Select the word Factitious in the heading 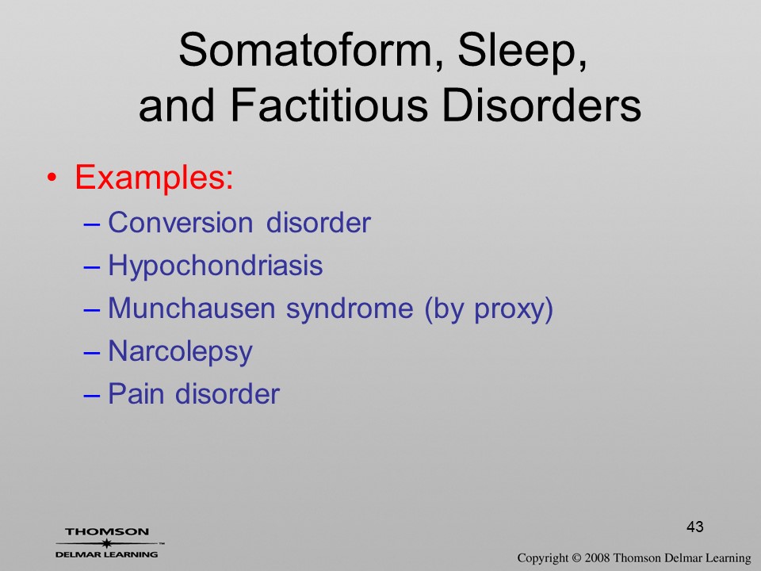pos(329,105)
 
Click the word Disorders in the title pos(542,105)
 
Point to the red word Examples pos(154,176)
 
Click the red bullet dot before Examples pos(52,177)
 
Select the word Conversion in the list pos(181,223)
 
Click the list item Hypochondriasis pos(216,266)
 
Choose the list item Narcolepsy pos(180,352)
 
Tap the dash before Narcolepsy pos(92,353)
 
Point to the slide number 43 pos(695,527)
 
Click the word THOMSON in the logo pos(107,531)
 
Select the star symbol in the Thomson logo pos(105,543)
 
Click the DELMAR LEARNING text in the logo pos(107,554)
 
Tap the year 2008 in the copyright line pos(597,558)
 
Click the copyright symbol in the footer pos(576,558)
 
